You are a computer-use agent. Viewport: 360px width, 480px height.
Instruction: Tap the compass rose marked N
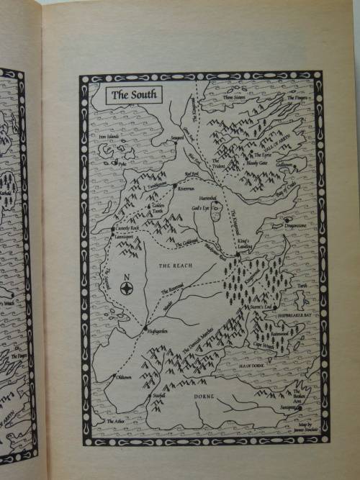click(127, 288)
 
